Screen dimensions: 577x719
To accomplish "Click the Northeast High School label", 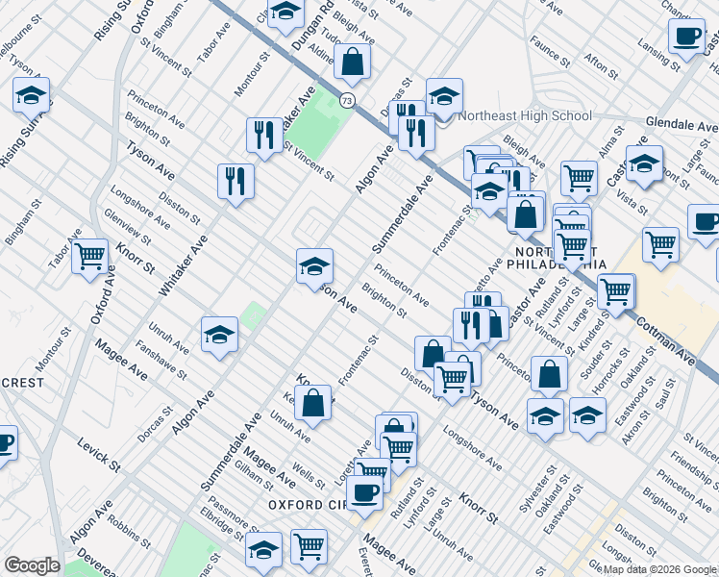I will coord(525,115).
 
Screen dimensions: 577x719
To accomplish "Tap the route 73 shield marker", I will coord(346,100).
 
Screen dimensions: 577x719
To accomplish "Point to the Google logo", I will coord(31,565).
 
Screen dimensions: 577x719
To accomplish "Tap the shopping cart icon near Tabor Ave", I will coord(89,256).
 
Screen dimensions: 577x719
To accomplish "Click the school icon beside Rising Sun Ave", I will coord(32,96).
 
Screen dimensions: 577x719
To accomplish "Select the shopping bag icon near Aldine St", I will coord(354,63).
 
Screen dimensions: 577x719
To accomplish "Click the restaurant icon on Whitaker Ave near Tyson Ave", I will coord(235,180).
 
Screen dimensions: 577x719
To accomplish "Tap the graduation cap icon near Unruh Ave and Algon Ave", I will coord(219,335).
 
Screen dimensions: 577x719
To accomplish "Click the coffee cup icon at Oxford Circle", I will coord(363,494).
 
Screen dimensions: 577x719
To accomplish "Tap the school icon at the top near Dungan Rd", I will coord(285,13).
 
